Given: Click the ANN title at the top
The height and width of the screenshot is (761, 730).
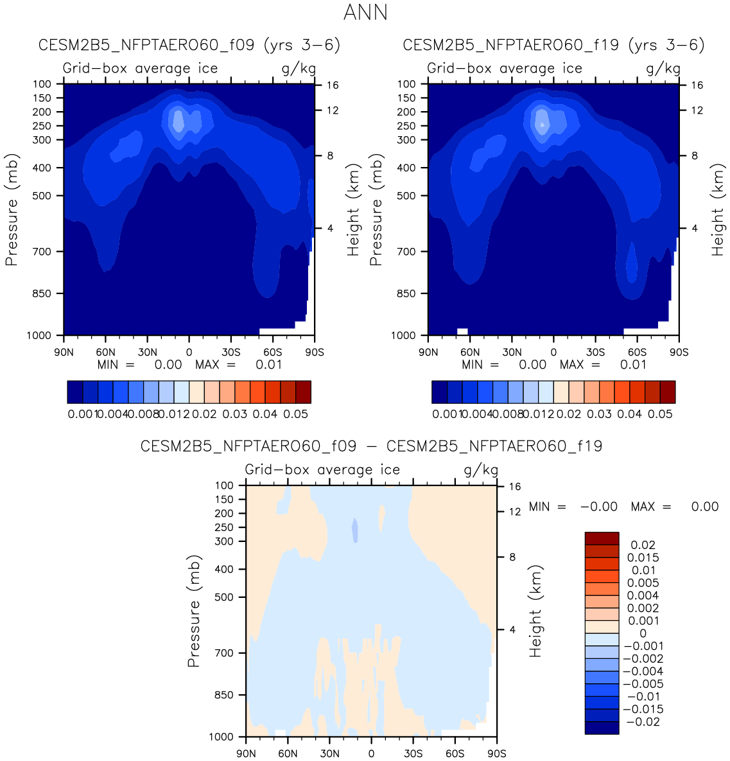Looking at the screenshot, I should click(x=365, y=12).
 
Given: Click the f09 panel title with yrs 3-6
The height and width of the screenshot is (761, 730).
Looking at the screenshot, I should click(x=189, y=45).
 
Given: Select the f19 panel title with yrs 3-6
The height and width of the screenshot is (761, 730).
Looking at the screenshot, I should click(x=553, y=45).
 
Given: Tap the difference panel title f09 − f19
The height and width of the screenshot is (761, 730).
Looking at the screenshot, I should click(x=371, y=446).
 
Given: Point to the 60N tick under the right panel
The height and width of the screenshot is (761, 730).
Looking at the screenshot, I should click(x=470, y=352).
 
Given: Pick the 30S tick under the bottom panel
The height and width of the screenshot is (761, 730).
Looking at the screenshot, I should click(x=413, y=753).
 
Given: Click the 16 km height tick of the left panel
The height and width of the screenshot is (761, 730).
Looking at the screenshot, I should click(x=332, y=85).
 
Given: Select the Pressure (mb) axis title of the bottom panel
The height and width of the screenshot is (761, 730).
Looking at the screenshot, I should click(x=195, y=611).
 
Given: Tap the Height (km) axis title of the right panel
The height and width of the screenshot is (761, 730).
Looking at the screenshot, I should click(x=717, y=209).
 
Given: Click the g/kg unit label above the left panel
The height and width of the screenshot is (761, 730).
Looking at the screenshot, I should click(x=299, y=69).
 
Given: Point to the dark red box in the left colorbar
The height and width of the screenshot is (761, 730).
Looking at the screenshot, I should click(x=303, y=392).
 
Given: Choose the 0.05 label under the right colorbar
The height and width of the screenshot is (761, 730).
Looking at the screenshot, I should click(x=660, y=414).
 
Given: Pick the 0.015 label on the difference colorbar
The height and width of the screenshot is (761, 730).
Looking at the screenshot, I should click(x=643, y=557).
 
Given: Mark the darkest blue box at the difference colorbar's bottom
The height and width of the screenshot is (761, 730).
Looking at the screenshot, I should click(x=602, y=728).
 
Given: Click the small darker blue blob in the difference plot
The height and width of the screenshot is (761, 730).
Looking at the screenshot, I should click(x=354, y=530).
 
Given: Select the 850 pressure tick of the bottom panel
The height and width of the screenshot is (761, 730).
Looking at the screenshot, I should click(x=223, y=695).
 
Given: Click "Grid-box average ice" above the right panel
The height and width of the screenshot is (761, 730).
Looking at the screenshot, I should click(x=505, y=69).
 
